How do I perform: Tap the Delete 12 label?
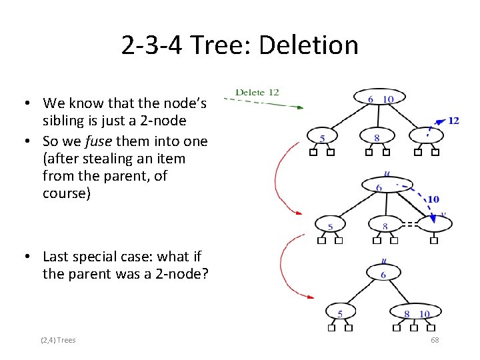click(257, 92)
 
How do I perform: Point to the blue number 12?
click(453, 121)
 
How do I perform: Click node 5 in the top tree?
click(323, 138)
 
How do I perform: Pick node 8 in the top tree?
click(377, 138)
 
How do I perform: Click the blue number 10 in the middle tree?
click(433, 199)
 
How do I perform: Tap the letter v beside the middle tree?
click(443, 215)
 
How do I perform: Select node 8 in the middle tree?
click(385, 226)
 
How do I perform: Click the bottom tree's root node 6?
click(383, 274)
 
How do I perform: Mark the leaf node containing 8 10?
click(417, 313)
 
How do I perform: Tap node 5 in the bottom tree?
click(341, 313)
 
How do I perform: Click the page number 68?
click(435, 340)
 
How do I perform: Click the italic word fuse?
click(128, 141)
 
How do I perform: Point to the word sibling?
click(63, 121)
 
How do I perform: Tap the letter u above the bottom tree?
click(383, 261)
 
